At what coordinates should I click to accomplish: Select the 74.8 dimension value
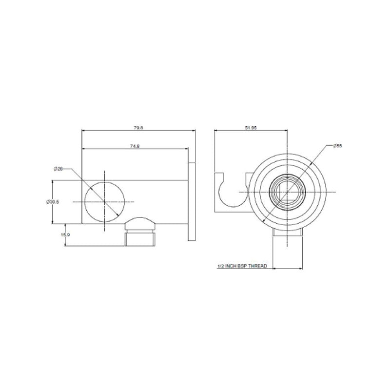[135, 146]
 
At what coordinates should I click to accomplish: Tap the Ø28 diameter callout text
[58, 169]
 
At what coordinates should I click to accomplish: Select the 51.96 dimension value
[251, 128]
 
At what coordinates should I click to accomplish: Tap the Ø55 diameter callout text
[338, 146]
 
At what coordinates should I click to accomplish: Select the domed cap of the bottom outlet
[140, 224]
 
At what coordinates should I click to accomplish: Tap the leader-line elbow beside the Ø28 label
[72, 169]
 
